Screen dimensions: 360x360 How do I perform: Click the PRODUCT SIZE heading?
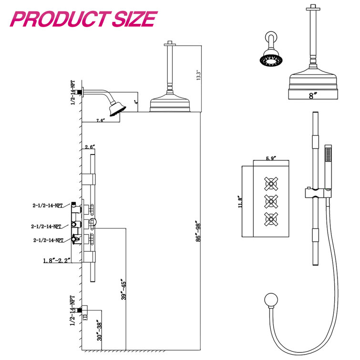click(x=84, y=19)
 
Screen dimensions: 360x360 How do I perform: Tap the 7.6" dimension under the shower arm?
click(x=100, y=121)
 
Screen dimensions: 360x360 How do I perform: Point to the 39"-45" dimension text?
click(x=123, y=289)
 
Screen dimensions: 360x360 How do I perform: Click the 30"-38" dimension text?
click(x=98, y=330)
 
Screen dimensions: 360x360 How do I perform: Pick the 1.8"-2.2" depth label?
click(x=55, y=260)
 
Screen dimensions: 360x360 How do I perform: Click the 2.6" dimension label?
click(x=90, y=147)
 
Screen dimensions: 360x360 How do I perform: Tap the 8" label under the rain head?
click(x=312, y=96)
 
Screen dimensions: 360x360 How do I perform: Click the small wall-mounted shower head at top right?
click(x=269, y=59)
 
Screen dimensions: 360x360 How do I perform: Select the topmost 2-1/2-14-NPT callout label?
click(x=47, y=206)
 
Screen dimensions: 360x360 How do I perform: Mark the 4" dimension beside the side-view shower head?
click(x=136, y=102)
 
